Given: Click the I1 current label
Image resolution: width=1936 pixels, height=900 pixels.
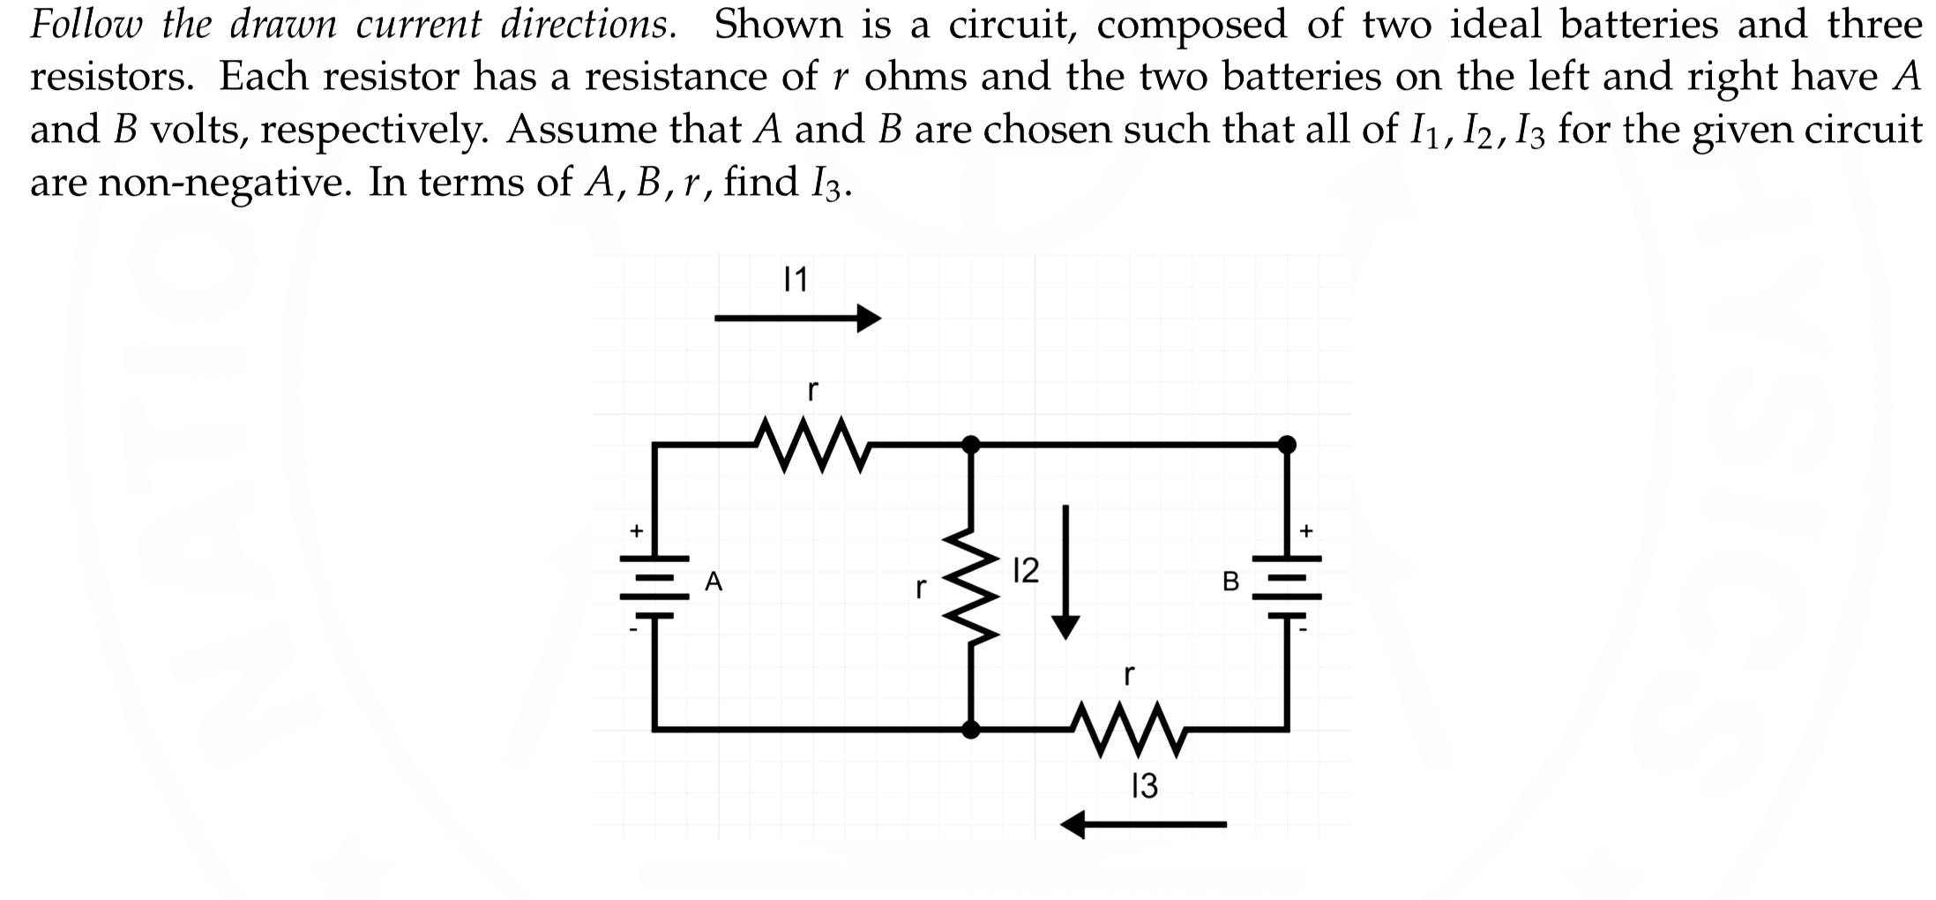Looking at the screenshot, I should tap(796, 281).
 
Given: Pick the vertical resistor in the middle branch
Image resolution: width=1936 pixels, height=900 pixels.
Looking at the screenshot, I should tap(970, 586).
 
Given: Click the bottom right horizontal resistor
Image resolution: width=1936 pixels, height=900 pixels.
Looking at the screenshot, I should tap(1129, 730).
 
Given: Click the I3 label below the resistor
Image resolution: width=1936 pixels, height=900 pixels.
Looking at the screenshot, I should tap(1144, 785).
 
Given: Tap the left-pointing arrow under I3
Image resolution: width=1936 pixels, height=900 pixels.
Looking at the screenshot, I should tap(1143, 825).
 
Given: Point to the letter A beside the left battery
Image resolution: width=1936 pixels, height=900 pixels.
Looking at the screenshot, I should tap(714, 581).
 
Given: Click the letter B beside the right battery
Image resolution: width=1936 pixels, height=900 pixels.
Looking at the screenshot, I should tap(1230, 582).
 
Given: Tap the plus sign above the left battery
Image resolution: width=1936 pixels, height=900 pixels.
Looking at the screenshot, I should tap(634, 531).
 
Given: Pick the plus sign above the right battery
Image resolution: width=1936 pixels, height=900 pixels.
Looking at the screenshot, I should tap(1306, 531).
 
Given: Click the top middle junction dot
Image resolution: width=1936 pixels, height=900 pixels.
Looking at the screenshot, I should tap(970, 444).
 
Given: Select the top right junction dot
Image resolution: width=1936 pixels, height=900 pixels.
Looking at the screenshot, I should tap(1287, 444).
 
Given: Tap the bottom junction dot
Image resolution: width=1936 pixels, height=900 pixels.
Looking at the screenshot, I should tap(970, 730).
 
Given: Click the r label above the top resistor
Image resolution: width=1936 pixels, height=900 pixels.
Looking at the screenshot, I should tap(812, 388).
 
